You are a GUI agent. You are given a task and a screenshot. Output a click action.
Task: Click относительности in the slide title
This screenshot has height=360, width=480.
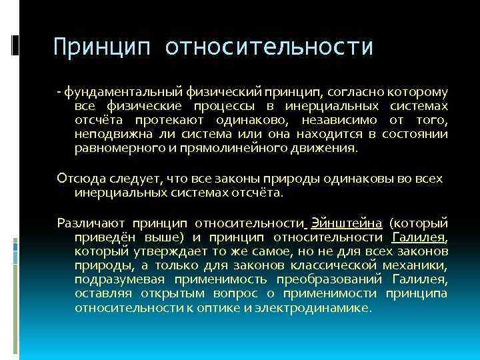click(x=269, y=47)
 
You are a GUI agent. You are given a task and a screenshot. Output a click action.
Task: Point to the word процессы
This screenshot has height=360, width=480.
click(x=227, y=106)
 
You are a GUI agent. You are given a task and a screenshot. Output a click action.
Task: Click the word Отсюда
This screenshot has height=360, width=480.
click(x=77, y=179)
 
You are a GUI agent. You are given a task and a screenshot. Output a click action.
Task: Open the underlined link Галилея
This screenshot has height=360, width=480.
click(x=419, y=237)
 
